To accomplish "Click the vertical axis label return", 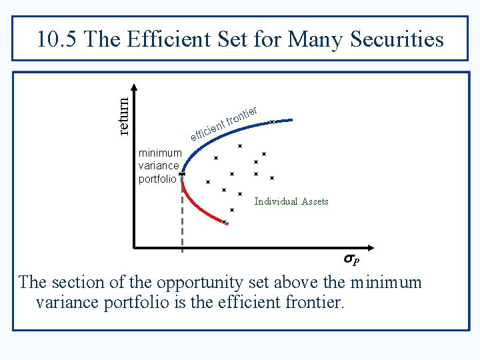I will coord(123,115).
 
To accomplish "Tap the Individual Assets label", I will coord(291,201).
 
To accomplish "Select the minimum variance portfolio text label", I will coord(159,166).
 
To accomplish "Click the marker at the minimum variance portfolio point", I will coord(182,174).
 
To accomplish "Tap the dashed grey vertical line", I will coord(182,220).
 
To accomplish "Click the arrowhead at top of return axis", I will coord(135,88).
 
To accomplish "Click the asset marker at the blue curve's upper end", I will coord(272,121).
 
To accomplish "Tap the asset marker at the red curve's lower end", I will coord(225,222).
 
